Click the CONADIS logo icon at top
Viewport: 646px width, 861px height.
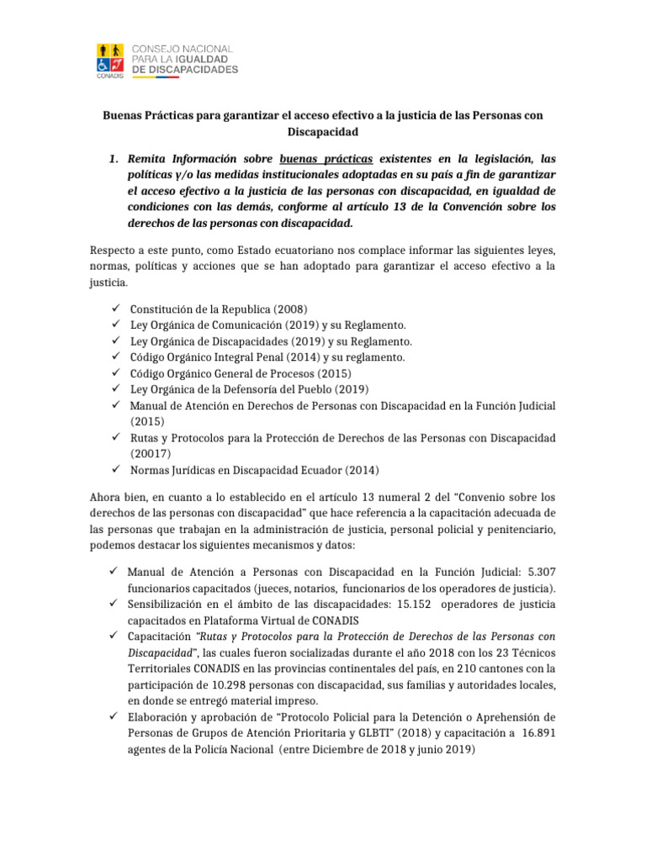click(x=112, y=57)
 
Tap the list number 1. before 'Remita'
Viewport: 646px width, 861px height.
click(x=118, y=158)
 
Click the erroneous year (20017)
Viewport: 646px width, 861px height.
click(x=151, y=454)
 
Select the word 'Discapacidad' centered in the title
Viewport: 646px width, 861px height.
click(x=322, y=132)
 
